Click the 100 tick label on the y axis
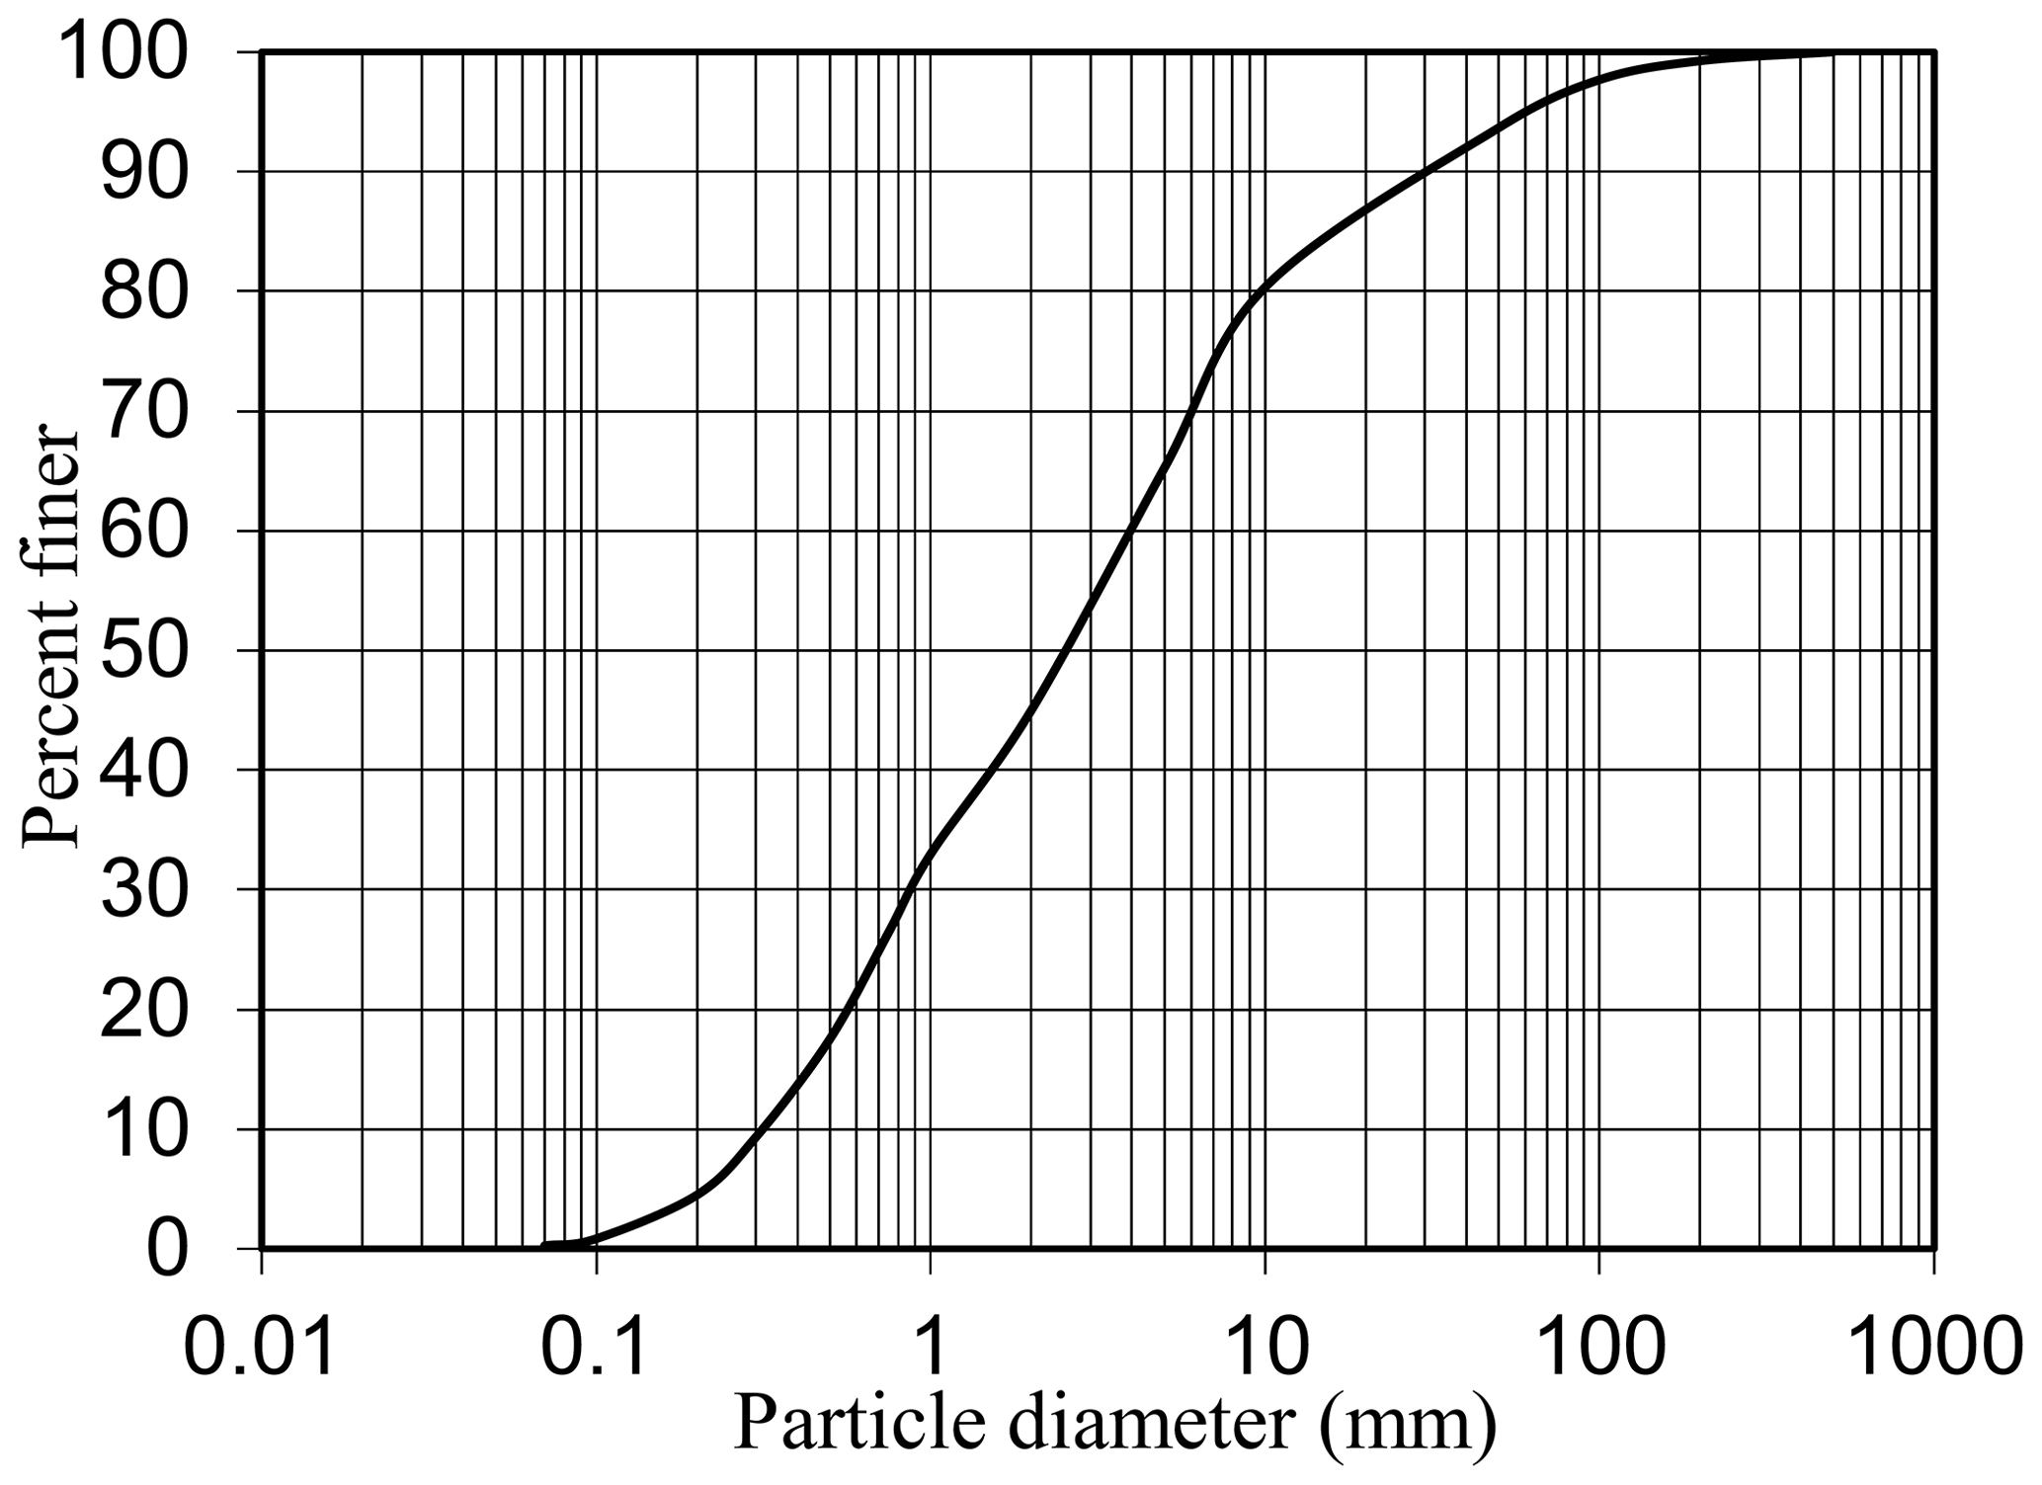[x=123, y=51]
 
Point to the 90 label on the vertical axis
[x=144, y=172]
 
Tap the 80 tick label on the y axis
[x=144, y=291]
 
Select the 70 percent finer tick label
[x=144, y=411]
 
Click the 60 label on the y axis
[x=144, y=531]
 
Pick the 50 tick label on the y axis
[x=144, y=650]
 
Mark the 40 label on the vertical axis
[x=144, y=770]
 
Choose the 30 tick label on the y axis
[x=144, y=889]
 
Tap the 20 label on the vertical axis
[x=144, y=1010]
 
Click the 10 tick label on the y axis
[x=144, y=1129]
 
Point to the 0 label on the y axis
[x=166, y=1249]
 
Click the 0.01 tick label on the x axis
[x=261, y=1349]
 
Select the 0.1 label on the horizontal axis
[x=596, y=1349]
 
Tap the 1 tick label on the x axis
[x=930, y=1349]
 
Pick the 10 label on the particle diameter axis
[x=1264, y=1349]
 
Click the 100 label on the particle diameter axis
[x=1598, y=1349]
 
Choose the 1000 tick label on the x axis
[x=1932, y=1349]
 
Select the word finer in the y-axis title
[x=49, y=499]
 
